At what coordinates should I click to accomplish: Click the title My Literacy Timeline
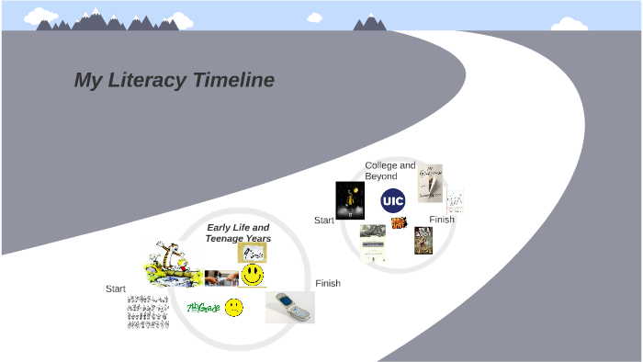click(x=174, y=80)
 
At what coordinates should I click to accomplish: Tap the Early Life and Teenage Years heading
click(x=238, y=232)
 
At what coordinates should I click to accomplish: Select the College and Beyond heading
click(x=389, y=171)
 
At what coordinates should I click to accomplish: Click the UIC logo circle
click(x=393, y=200)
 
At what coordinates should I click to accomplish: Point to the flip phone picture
click(x=289, y=307)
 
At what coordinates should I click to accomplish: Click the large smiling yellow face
click(x=253, y=275)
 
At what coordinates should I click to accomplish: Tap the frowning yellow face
click(x=234, y=307)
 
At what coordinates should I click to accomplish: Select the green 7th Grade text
click(x=203, y=307)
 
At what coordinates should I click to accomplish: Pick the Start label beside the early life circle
click(x=116, y=288)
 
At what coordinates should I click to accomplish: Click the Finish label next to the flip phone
click(x=328, y=283)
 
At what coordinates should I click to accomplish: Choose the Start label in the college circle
click(x=324, y=221)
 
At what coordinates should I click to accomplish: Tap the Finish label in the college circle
click(x=442, y=220)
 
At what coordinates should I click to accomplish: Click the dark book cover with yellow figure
click(x=350, y=199)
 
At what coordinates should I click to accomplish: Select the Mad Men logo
click(x=399, y=222)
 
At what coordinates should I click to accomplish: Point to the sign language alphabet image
click(x=148, y=311)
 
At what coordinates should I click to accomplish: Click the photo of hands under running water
click(x=221, y=277)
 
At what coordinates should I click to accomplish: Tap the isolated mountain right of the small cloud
click(x=370, y=22)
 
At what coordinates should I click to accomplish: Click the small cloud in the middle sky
click(x=315, y=17)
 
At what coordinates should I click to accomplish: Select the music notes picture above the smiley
click(x=253, y=253)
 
